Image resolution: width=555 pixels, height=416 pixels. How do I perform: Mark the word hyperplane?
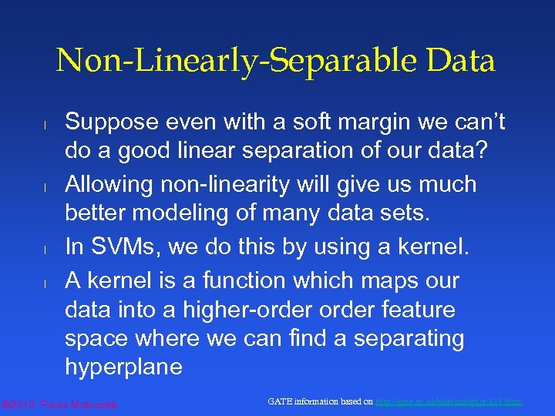coord(123,367)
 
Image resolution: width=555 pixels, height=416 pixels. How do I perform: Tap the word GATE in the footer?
coord(280,401)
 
